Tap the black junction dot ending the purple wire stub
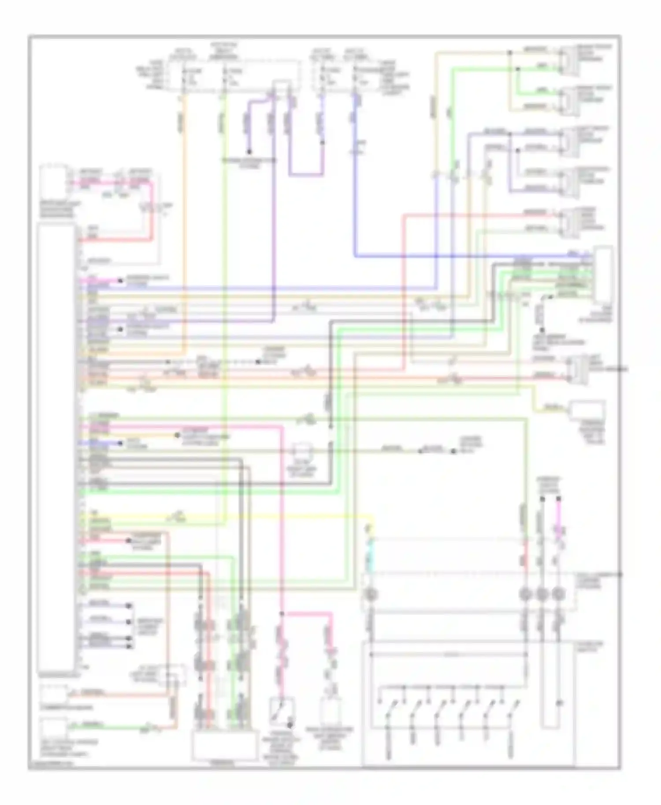(249, 151)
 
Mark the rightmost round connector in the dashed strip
(558, 595)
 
